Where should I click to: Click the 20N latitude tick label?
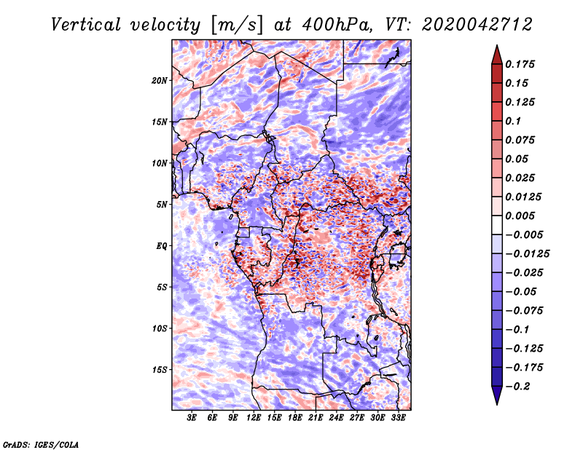(160, 81)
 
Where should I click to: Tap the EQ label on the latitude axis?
(162, 246)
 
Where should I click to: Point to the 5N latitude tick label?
(162, 205)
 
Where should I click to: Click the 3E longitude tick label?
(192, 417)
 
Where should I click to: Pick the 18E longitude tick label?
(295, 417)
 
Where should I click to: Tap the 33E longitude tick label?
(398, 417)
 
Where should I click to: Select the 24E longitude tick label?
(336, 417)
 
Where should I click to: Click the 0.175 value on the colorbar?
(520, 64)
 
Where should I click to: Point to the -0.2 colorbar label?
(518, 387)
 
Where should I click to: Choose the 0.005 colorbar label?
(520, 216)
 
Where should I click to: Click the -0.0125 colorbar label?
(527, 254)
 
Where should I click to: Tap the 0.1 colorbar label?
(513, 121)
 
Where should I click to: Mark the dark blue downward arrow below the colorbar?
(497, 395)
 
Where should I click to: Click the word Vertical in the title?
(86, 25)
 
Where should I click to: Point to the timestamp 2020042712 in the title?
(477, 25)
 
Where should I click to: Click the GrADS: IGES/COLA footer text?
(41, 445)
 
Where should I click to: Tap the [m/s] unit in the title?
(237, 25)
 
